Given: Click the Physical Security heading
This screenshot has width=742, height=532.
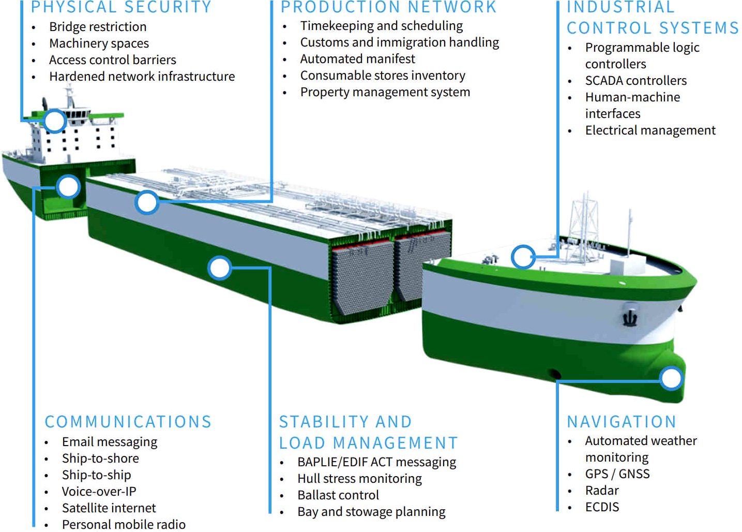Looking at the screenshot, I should (121, 7).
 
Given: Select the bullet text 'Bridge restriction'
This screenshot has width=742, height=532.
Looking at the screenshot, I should (98, 27).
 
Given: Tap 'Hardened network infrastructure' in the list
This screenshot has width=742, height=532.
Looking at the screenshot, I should (142, 77).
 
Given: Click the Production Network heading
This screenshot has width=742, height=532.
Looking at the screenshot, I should (388, 7).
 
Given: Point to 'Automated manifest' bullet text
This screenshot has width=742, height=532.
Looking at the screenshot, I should (357, 59).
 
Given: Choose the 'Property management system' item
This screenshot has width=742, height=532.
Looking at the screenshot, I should (385, 92).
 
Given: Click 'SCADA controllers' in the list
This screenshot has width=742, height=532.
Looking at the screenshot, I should (635, 81).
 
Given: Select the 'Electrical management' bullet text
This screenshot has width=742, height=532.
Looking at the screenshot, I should (650, 130).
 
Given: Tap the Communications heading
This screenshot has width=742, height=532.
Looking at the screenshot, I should (128, 422).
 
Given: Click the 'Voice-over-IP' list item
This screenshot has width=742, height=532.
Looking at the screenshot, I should (99, 492).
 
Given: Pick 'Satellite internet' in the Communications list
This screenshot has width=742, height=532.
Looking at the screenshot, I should (109, 508).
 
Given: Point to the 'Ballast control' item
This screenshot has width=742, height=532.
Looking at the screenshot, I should (338, 495).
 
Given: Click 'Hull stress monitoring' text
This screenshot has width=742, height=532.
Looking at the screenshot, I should (359, 479).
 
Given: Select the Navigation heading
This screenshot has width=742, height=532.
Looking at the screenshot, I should (622, 422).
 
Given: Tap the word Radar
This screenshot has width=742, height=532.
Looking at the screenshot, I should (602, 491).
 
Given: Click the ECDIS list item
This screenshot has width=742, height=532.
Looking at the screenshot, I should (602, 507).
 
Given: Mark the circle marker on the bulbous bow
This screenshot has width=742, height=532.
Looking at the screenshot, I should (671, 378).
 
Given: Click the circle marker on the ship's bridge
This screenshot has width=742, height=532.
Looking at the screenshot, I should (54, 121).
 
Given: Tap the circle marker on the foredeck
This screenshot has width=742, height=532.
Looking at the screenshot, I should (523, 257).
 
